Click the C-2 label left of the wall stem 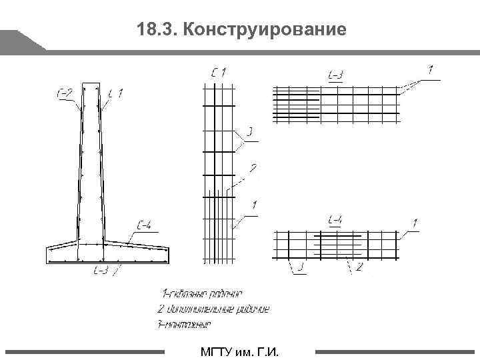(x=64, y=93)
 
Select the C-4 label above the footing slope (x=143, y=227)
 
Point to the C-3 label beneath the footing (x=101, y=270)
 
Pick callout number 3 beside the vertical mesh (x=249, y=133)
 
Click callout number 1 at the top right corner (x=431, y=67)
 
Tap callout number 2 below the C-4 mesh (x=359, y=267)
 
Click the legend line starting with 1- (x=201, y=293)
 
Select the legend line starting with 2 (x=213, y=309)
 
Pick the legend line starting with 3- (x=185, y=324)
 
